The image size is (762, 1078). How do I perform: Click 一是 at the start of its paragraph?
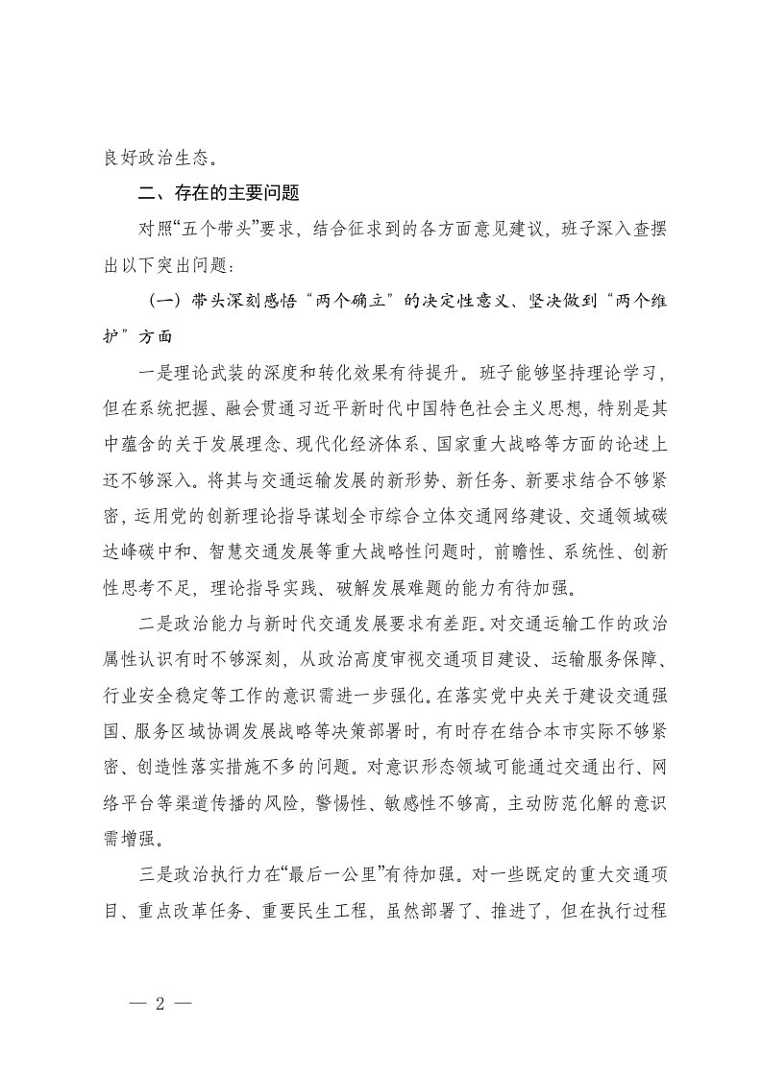[x=154, y=373]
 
